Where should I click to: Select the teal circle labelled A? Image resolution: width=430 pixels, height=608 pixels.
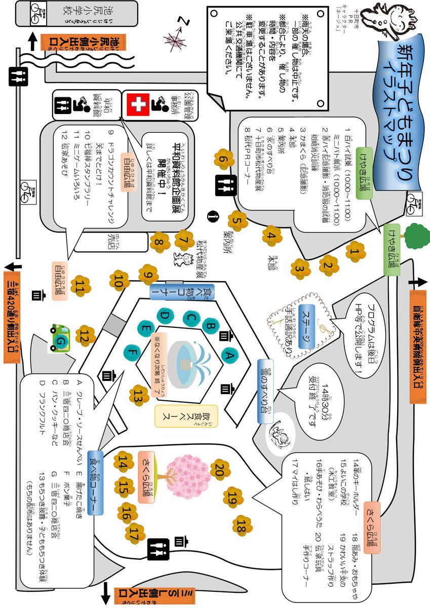click(228, 356)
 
